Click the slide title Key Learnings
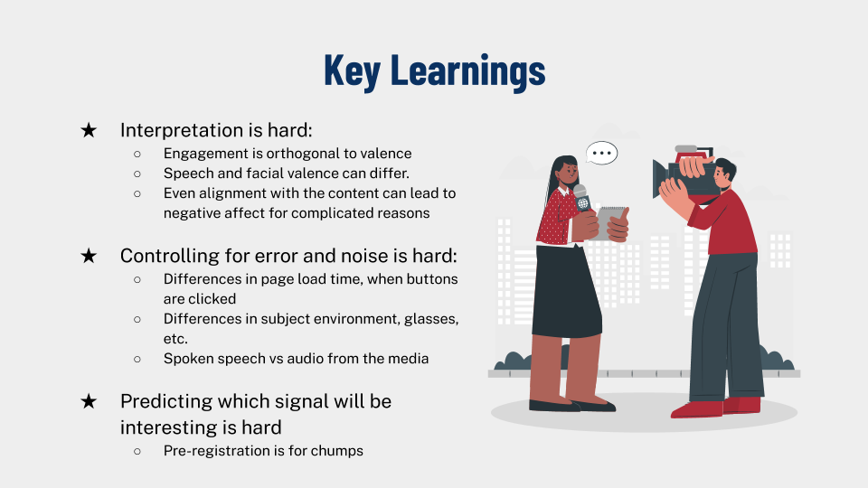point(435,70)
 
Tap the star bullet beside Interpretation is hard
point(89,130)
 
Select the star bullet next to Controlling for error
point(89,256)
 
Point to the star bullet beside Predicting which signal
point(89,401)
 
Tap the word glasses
point(431,319)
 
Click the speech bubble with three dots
point(602,153)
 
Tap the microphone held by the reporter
point(581,198)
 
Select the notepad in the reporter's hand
point(610,222)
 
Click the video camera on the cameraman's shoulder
point(684,173)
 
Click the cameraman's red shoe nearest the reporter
point(696,409)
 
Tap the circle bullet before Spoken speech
point(137,359)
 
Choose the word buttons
point(432,279)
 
